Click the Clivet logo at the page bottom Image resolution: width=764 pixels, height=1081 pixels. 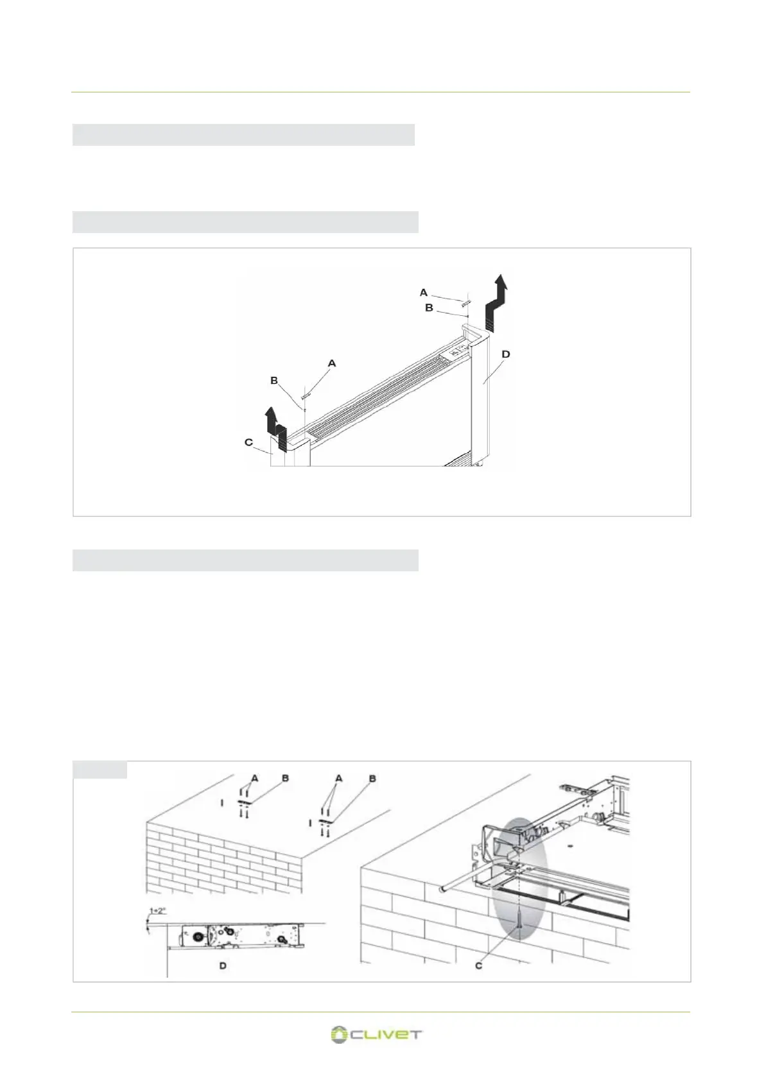(376, 1035)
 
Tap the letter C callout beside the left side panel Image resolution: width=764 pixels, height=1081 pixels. (248, 442)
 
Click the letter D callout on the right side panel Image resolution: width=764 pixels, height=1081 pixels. (506, 354)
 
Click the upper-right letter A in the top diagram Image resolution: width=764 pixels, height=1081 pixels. (424, 293)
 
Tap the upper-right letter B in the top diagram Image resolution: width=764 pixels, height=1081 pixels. (429, 308)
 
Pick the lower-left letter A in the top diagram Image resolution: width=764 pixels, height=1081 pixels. (332, 363)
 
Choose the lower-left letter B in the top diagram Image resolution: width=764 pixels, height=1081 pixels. (274, 380)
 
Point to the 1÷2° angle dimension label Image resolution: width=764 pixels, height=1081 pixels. (157, 910)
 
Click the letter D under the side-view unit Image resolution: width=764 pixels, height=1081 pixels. (223, 965)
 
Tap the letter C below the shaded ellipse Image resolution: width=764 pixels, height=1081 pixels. (478, 965)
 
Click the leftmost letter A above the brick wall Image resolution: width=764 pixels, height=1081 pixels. (255, 778)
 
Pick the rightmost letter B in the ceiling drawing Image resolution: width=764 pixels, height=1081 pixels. (372, 779)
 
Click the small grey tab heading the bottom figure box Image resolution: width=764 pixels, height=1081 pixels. (100, 769)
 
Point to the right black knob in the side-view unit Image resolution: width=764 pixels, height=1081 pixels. (282, 938)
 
